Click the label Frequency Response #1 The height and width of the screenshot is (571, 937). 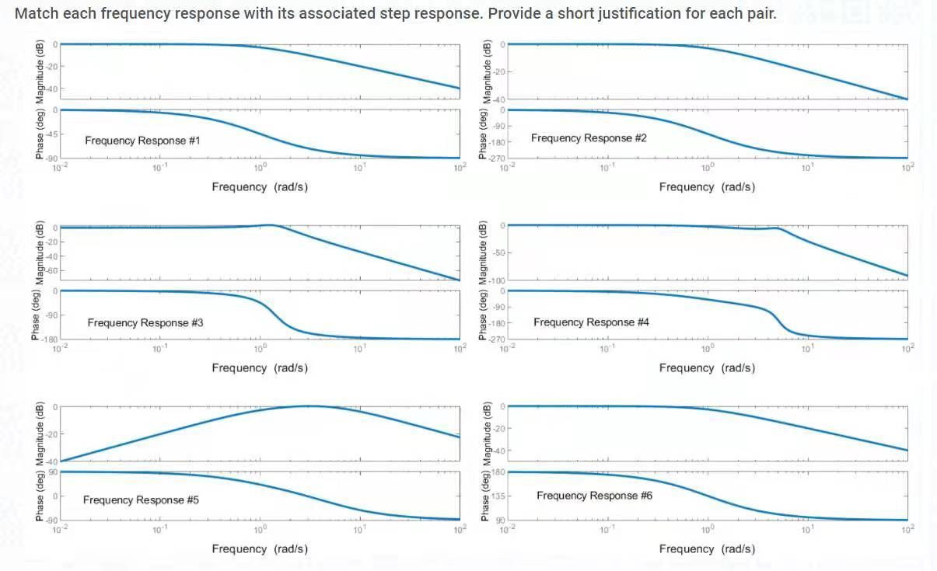pyautogui.click(x=142, y=141)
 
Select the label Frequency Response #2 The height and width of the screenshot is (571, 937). pyautogui.click(x=589, y=138)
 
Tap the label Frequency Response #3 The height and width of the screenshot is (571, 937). pyautogui.click(x=145, y=322)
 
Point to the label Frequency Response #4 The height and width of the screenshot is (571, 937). pyautogui.click(x=591, y=322)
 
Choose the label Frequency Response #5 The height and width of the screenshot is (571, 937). pyautogui.click(x=141, y=500)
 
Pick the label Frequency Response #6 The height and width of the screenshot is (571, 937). pyautogui.click(x=594, y=495)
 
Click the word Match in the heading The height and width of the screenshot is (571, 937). pyautogui.click(x=34, y=13)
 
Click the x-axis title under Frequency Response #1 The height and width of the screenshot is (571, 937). pyautogui.click(x=260, y=186)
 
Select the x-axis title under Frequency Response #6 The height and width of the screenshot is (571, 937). pyautogui.click(x=707, y=548)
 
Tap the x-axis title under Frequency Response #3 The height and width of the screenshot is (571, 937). pyautogui.click(x=260, y=367)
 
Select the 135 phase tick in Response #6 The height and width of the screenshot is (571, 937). pyautogui.click(x=498, y=496)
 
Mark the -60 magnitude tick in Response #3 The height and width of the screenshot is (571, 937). pyautogui.click(x=48, y=270)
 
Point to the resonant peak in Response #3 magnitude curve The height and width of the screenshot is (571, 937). pyautogui.click(x=269, y=225)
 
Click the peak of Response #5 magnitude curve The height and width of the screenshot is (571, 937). pyautogui.click(x=309, y=406)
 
